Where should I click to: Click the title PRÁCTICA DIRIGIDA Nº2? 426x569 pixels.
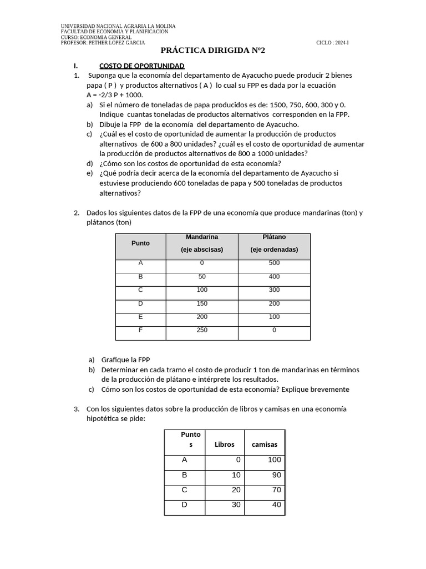click(x=213, y=51)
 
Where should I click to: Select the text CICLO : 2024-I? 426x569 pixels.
click(x=333, y=43)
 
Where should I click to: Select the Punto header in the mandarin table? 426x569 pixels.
click(x=140, y=243)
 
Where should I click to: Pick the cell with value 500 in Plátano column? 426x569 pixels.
click(x=274, y=263)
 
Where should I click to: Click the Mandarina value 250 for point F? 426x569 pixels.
click(x=202, y=330)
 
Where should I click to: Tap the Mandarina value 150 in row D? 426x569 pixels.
click(x=202, y=303)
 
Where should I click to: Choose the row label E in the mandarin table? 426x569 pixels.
click(x=140, y=317)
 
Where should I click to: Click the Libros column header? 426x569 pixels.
click(x=225, y=445)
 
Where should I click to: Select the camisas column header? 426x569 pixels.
click(x=265, y=445)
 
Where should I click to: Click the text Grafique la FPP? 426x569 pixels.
click(x=125, y=360)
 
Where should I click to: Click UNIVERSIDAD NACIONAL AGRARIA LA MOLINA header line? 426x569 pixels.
click(x=118, y=27)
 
